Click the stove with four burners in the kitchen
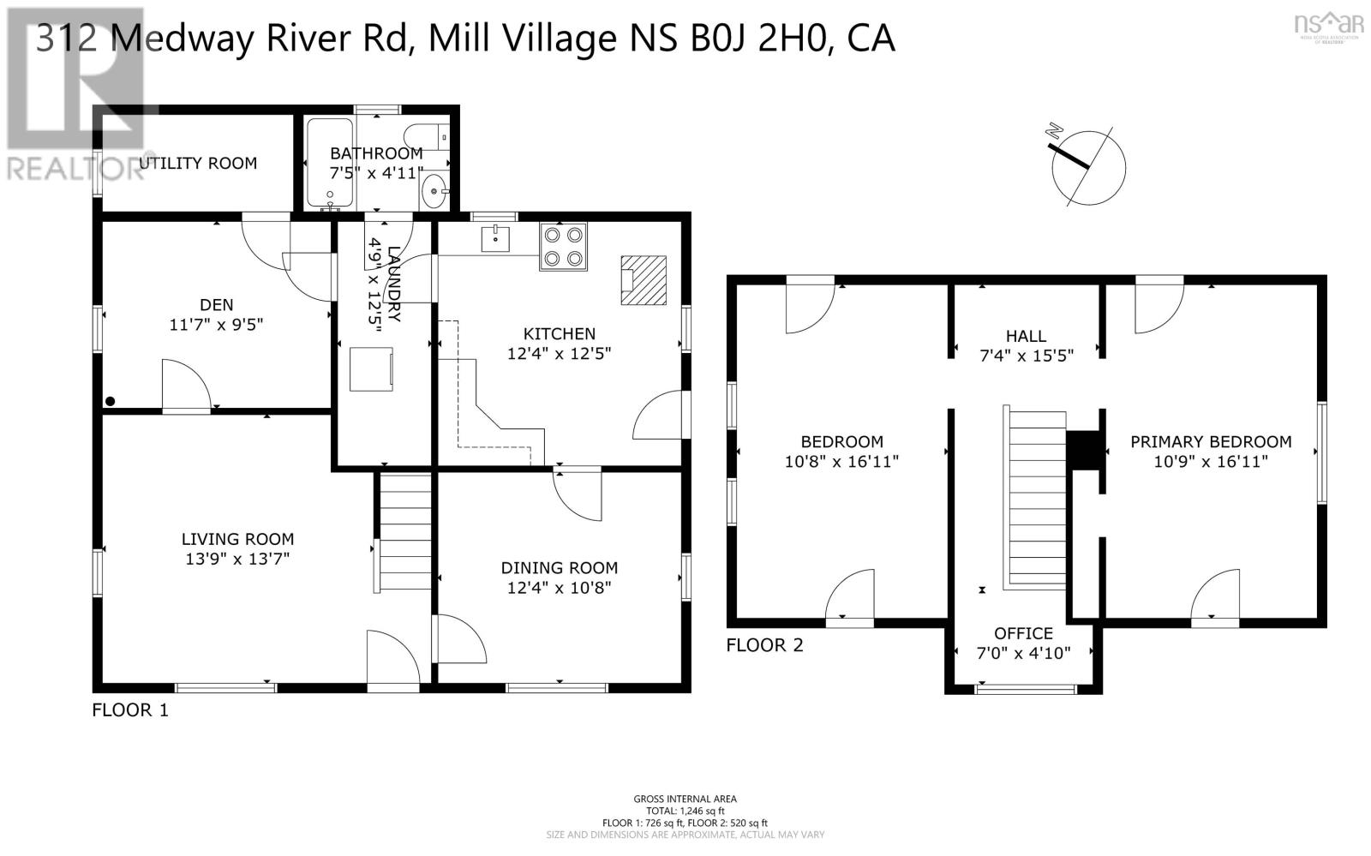tap(563, 247)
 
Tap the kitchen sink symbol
tap(496, 239)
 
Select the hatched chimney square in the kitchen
tap(644, 280)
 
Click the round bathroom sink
tap(434, 191)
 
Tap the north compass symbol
tap(1087, 167)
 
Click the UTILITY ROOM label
tap(198, 163)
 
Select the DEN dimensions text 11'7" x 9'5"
tap(216, 325)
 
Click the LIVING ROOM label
tap(237, 539)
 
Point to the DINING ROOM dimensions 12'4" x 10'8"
tap(559, 588)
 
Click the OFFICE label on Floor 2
tap(1023, 633)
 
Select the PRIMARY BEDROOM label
tap(1210, 442)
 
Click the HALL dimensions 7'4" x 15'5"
tap(1026, 356)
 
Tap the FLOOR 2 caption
tap(764, 645)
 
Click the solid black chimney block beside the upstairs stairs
tap(1082, 450)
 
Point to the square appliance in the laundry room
tap(371, 369)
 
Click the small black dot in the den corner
tap(110, 401)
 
